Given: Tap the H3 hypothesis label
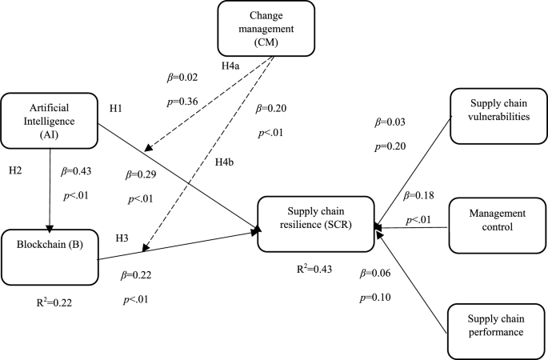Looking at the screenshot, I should pos(122,238).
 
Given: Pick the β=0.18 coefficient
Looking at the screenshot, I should pos(421,196).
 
